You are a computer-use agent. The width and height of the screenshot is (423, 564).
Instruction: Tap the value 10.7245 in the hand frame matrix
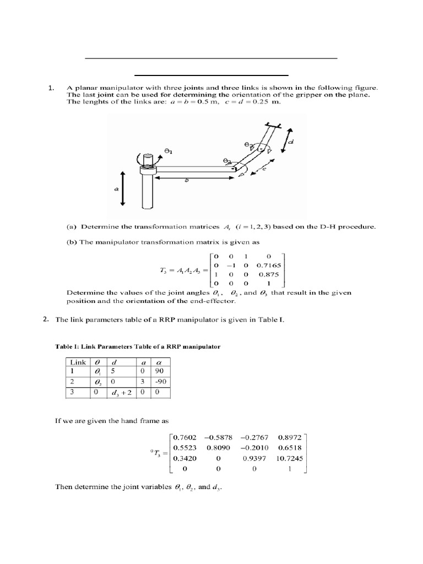[x=288, y=457]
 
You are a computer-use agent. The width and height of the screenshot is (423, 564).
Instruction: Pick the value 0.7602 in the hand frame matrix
[x=185, y=437]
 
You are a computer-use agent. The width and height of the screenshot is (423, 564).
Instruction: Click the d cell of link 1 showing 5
[x=113, y=372]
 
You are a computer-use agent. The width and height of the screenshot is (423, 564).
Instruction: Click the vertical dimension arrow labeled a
[x=122, y=188]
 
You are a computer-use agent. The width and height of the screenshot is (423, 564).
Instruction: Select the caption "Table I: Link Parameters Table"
[x=138, y=346]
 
